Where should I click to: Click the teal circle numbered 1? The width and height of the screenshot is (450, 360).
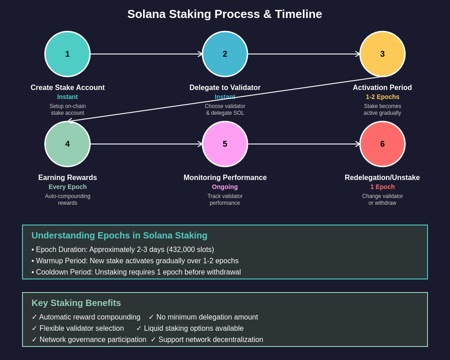pyautogui.click(x=67, y=54)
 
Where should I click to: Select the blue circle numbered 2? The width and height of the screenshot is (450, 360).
pyautogui.click(x=225, y=54)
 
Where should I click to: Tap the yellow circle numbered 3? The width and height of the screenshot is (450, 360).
pyautogui.click(x=382, y=54)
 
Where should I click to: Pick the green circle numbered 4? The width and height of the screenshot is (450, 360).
pyautogui.click(x=67, y=144)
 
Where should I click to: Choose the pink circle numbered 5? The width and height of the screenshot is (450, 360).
pyautogui.click(x=225, y=144)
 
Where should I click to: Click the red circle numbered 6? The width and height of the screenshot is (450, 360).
pyautogui.click(x=382, y=144)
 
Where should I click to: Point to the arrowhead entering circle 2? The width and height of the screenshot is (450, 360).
pyautogui.click(x=200, y=54)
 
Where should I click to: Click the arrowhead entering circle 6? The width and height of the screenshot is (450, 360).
pyautogui.click(x=358, y=144)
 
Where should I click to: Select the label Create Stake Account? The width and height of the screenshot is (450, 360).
pyautogui.click(x=67, y=88)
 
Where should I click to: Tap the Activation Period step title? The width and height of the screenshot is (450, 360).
pyautogui.click(x=382, y=88)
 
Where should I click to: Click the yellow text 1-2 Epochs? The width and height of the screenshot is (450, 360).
pyautogui.click(x=382, y=97)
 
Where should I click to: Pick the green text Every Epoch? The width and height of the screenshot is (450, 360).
pyautogui.click(x=67, y=187)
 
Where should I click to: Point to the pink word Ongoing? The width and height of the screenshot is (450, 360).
pyautogui.click(x=225, y=187)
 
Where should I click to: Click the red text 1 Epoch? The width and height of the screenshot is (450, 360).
pyautogui.click(x=382, y=187)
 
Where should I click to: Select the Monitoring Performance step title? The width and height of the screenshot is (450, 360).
pyautogui.click(x=225, y=178)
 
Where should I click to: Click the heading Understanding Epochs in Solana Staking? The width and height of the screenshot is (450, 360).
pyautogui.click(x=119, y=235)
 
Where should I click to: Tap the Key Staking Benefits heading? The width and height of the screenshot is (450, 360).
pyautogui.click(x=76, y=303)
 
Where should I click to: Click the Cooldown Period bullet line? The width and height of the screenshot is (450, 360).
pyautogui.click(x=136, y=272)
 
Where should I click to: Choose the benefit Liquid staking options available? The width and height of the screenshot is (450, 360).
pyautogui.click(x=193, y=328)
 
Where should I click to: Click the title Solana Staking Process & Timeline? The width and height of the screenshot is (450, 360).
pyautogui.click(x=225, y=14)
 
